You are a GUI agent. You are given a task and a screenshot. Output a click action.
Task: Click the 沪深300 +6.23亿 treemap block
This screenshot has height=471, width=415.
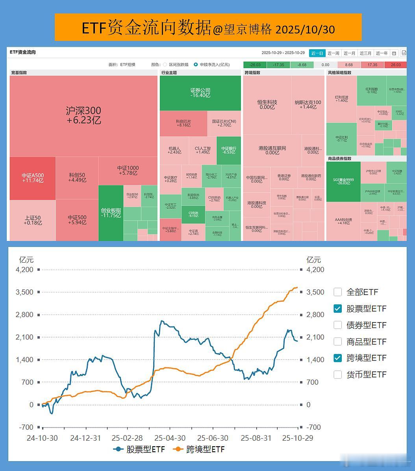coord(83,115)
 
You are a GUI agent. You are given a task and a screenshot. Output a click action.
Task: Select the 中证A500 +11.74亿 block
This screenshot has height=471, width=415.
coord(33,178)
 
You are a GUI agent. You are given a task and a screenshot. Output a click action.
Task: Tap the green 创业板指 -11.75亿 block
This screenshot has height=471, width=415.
coord(111,213)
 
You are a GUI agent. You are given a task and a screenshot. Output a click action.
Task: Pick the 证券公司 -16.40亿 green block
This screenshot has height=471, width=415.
coord(200,93)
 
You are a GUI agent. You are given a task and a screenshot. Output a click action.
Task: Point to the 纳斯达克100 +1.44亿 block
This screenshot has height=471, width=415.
coord(308,104)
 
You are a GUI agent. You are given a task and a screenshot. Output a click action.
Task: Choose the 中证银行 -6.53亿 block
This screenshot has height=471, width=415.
coord(228,150)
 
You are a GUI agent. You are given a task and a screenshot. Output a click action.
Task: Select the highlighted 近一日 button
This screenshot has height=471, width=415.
coord(317,53)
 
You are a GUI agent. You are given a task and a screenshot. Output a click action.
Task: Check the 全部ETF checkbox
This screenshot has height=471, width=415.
coord(337,292)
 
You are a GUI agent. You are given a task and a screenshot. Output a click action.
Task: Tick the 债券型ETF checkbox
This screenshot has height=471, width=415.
coord(337,325)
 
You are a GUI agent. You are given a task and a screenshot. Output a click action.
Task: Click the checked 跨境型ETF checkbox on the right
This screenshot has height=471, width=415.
coord(337,358)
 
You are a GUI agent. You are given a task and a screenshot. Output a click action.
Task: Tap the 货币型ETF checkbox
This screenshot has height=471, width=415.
coord(337,375)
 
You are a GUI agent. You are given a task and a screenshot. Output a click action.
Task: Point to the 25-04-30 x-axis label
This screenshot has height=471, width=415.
coord(170,438)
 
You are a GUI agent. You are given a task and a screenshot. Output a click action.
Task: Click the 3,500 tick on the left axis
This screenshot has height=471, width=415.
coord(25,292)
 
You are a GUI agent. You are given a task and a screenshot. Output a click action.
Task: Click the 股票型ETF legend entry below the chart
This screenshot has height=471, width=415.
coord(140,449)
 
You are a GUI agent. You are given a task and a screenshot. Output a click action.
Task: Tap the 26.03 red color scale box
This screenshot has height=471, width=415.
coord(396,65)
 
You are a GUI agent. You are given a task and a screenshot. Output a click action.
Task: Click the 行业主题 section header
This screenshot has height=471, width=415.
coord(169,72)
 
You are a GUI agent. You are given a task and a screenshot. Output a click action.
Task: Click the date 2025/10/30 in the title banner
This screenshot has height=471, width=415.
coord(305,29)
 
